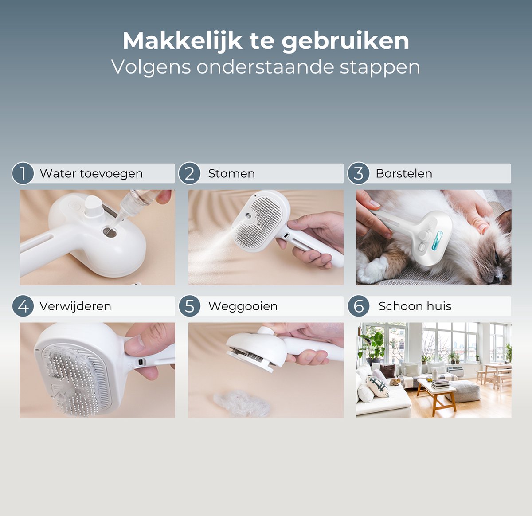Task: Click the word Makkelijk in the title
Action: point(182,41)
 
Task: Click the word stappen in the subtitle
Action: point(380,67)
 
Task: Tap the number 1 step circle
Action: point(23,173)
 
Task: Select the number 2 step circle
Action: point(189,173)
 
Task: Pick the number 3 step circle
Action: point(358,173)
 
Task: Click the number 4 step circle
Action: point(23,306)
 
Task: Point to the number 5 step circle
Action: point(189,306)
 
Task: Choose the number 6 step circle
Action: point(358,306)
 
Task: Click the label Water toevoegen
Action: point(91,174)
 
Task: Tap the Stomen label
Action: point(231,173)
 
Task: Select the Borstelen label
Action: point(404,173)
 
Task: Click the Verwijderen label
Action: point(75,306)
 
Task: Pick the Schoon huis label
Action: point(415,306)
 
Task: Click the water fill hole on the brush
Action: point(110,232)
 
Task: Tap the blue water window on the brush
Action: point(437,240)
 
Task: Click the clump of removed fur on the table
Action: point(242,403)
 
